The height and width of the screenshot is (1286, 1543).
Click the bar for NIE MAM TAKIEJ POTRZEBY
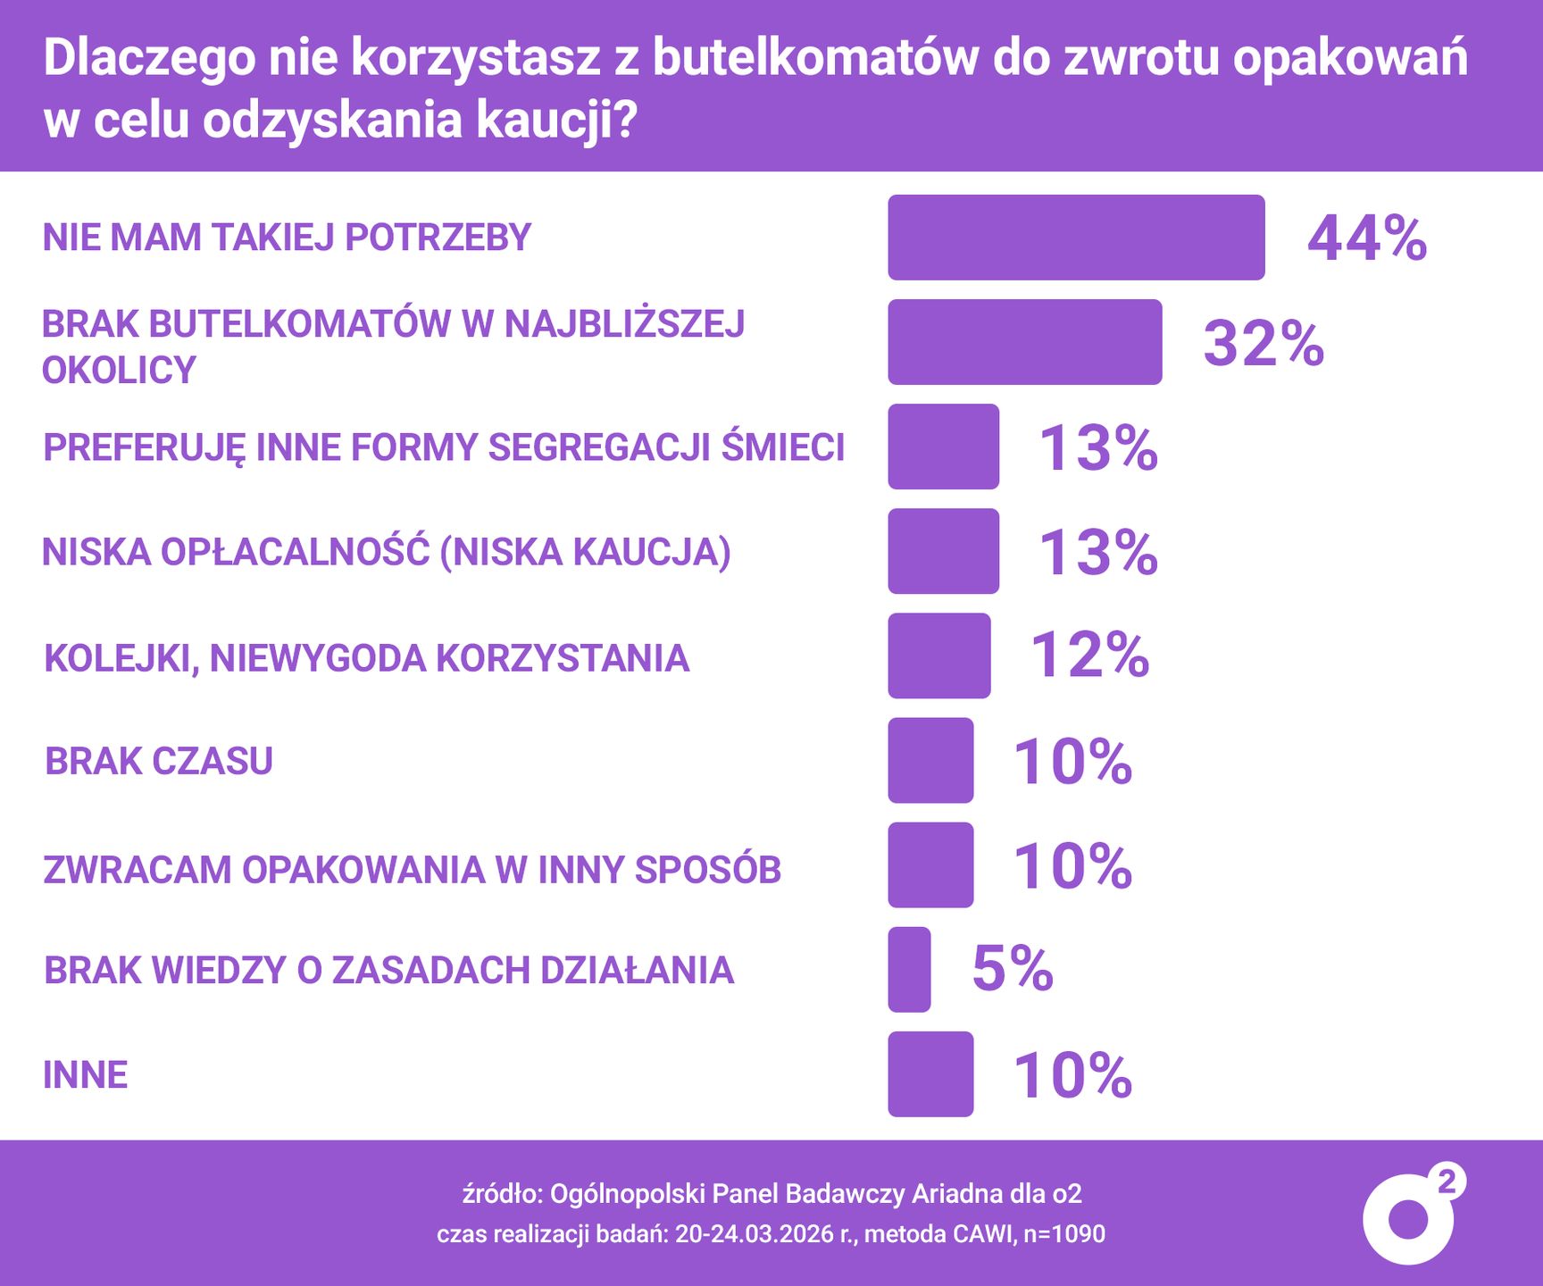pyautogui.click(x=1076, y=238)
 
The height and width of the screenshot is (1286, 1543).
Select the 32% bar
pyautogui.click(x=1025, y=342)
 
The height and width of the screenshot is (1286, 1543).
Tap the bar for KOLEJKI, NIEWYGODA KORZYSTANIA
pyautogui.click(x=939, y=656)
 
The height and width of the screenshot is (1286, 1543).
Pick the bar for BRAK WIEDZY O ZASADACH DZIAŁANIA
pyautogui.click(x=909, y=970)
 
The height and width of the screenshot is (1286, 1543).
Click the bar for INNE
pyautogui.click(x=930, y=1074)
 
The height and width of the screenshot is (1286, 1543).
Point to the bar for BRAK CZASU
pyautogui.click(x=930, y=760)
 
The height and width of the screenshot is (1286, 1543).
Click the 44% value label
pyautogui.click(x=1367, y=238)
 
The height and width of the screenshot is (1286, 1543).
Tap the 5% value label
pyautogui.click(x=1013, y=969)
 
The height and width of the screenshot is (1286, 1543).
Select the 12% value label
pyautogui.click(x=1090, y=656)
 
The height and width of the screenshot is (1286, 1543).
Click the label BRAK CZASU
pyautogui.click(x=159, y=761)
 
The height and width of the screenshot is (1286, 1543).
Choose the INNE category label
pyautogui.click(x=86, y=1074)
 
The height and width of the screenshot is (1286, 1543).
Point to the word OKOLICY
pyautogui.click(x=119, y=371)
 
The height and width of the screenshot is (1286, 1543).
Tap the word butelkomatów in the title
pyautogui.click(x=815, y=57)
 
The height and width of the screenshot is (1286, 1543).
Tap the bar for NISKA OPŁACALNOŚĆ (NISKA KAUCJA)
pyautogui.click(x=943, y=551)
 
